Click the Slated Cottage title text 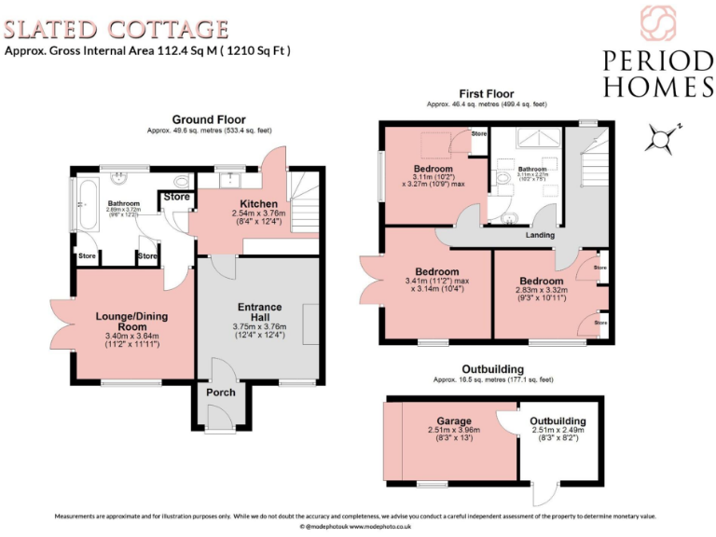117,30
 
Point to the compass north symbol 663,139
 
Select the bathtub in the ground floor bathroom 83,208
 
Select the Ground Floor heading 209,119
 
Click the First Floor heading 486,93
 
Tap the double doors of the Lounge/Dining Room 63,325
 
